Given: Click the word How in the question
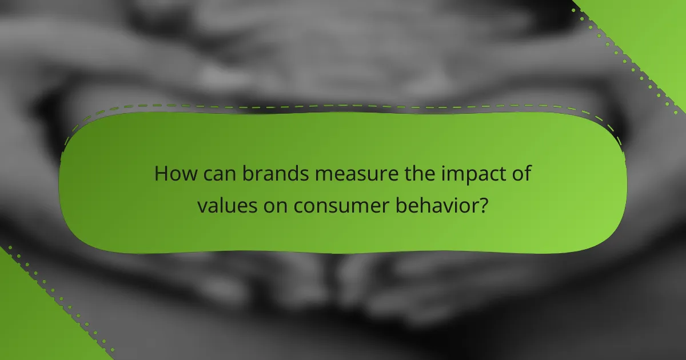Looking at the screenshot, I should [x=174, y=174].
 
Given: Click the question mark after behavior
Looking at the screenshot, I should [x=484, y=206].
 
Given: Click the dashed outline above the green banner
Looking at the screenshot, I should [x=343, y=106].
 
